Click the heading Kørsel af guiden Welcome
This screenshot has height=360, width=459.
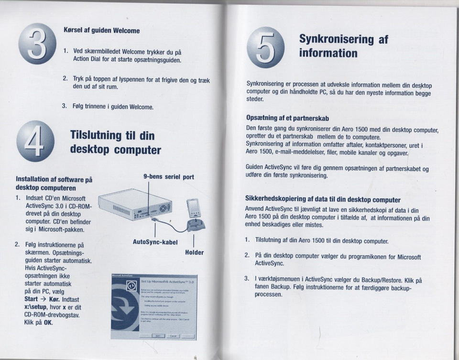click(101, 30)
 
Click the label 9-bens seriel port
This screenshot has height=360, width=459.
click(169, 177)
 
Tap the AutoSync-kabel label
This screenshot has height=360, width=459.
click(155, 242)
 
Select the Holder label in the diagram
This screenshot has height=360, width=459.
click(194, 252)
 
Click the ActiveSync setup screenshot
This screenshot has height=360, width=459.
click(153, 306)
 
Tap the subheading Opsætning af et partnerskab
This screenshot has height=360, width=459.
click(287, 118)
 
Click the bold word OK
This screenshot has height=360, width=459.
click(47, 322)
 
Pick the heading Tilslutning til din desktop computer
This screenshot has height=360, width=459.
click(115, 142)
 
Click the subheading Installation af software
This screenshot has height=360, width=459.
click(54, 184)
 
